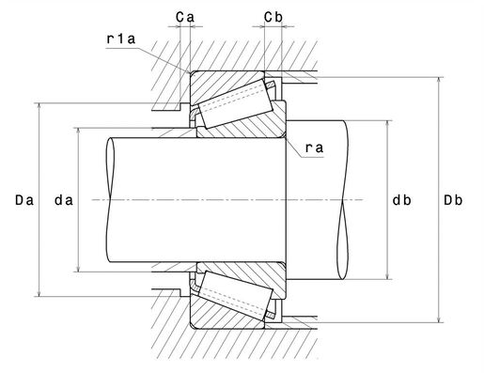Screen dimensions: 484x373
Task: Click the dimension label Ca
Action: pyautogui.click(x=185, y=17)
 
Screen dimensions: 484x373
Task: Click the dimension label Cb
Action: pyautogui.click(x=273, y=17)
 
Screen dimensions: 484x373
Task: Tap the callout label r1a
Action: pyautogui.click(x=121, y=39)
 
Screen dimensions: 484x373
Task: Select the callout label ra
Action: pyautogui.click(x=314, y=148)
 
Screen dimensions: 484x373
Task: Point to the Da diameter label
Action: pyautogui.click(x=24, y=200)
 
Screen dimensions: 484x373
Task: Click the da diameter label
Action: pyautogui.click(x=64, y=200)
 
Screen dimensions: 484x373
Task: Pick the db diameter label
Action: pyautogui.click(x=401, y=200)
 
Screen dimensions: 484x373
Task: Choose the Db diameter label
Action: pyautogui.click(x=453, y=200)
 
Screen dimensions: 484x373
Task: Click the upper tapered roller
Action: pyautogui.click(x=236, y=103)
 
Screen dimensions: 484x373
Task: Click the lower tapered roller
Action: pyautogui.click(x=236, y=296)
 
